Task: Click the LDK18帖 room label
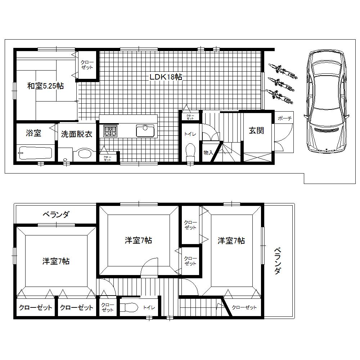pos(166,77)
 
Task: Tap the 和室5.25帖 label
pos(46,86)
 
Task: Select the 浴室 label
pos(33,133)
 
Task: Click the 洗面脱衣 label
pos(76,134)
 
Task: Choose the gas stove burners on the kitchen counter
pos(110,131)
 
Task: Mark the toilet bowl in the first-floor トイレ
pos(190,152)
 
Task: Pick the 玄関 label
pos(256,130)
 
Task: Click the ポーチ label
pos(284,118)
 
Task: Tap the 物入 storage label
pos(208,153)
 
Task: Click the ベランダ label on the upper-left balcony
pos(56,215)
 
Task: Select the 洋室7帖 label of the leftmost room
pos(56,261)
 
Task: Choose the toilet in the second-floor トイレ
pos(128,307)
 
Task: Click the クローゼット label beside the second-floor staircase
pos(244,307)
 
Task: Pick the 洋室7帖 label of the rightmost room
pos(231,241)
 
